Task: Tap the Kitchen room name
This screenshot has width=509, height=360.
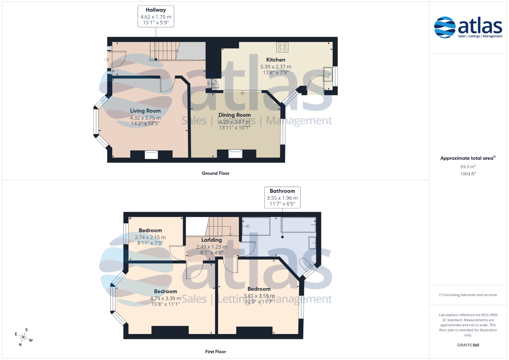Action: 276,60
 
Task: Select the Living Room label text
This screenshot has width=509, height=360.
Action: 145,111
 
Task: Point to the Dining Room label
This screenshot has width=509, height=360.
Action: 235,115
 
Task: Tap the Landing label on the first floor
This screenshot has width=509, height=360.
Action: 212,240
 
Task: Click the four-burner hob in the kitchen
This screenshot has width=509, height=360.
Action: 282,47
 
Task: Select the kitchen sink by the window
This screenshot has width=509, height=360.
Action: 328,74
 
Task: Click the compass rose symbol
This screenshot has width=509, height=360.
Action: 23,337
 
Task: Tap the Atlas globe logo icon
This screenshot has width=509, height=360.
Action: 445,27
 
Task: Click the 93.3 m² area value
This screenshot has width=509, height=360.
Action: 468,167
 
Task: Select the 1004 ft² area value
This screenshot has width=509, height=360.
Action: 468,174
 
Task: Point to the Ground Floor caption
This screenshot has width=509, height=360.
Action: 215,173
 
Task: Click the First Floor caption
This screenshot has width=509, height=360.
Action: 215,352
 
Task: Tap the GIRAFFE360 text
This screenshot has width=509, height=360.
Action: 468,345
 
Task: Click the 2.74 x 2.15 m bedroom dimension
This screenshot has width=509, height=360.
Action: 150,237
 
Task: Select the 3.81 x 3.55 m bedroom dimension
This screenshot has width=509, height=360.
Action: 259,296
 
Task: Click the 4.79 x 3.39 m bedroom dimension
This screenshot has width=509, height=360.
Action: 165,298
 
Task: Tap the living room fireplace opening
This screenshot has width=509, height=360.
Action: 151,155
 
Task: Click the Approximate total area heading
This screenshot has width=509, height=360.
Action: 468,158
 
